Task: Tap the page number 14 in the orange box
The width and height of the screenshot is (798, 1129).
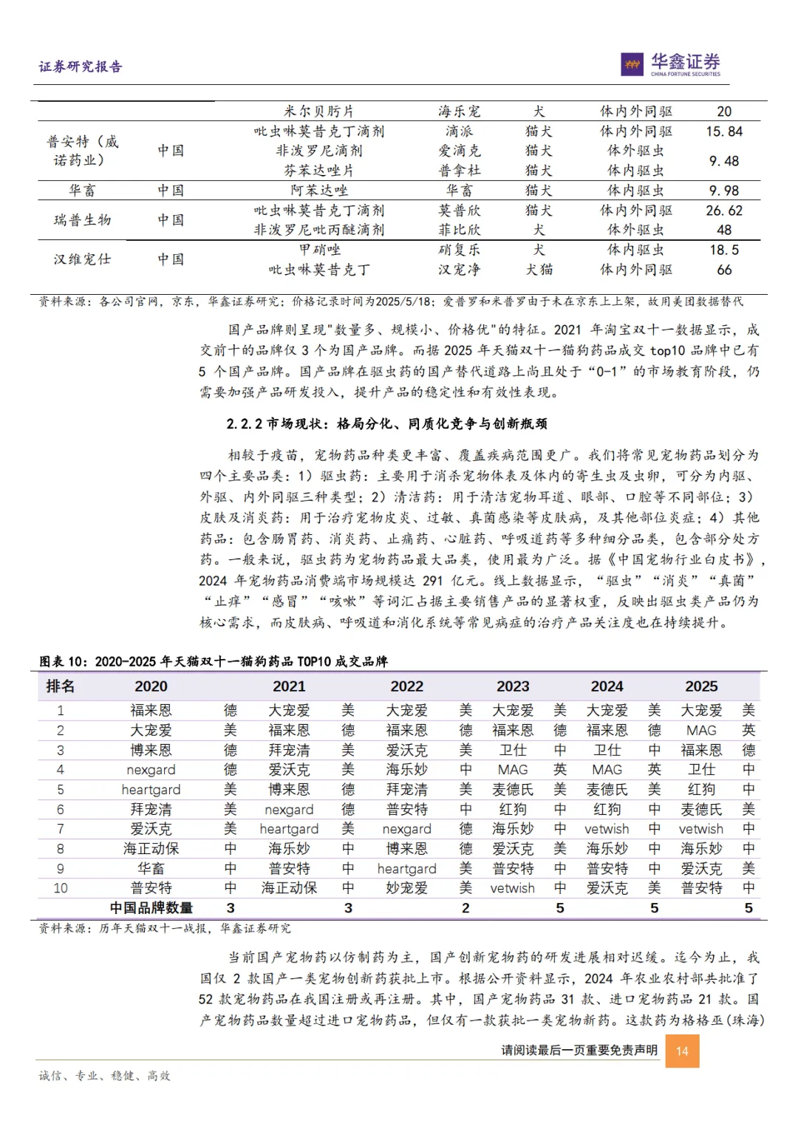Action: (x=682, y=1051)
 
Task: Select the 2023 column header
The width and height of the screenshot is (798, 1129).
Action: (x=513, y=686)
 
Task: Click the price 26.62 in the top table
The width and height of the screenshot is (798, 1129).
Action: (x=724, y=211)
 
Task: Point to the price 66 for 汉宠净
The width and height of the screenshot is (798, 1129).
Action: (x=724, y=270)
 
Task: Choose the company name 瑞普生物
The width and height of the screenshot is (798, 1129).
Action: (x=82, y=220)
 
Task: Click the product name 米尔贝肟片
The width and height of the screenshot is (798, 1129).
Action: (x=319, y=112)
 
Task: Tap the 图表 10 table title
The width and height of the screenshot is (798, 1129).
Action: (x=214, y=661)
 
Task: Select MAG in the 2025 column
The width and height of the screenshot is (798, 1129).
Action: (x=701, y=730)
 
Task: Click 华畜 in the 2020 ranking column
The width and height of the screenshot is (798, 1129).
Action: (x=151, y=868)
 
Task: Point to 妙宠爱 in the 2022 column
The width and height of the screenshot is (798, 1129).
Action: (x=406, y=888)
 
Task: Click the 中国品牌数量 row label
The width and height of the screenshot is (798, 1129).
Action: (x=151, y=908)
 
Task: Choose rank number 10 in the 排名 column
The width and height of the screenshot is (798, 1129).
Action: (x=61, y=888)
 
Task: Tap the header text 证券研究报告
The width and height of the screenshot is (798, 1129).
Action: (x=81, y=66)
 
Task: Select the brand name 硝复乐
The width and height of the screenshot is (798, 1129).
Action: (x=459, y=250)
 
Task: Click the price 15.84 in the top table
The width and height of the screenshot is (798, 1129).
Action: (x=724, y=132)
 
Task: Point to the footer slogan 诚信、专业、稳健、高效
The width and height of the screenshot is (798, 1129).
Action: (x=105, y=1076)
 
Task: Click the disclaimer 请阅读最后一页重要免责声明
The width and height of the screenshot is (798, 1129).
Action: (x=579, y=1050)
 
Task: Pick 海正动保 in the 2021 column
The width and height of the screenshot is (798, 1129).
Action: (x=289, y=888)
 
